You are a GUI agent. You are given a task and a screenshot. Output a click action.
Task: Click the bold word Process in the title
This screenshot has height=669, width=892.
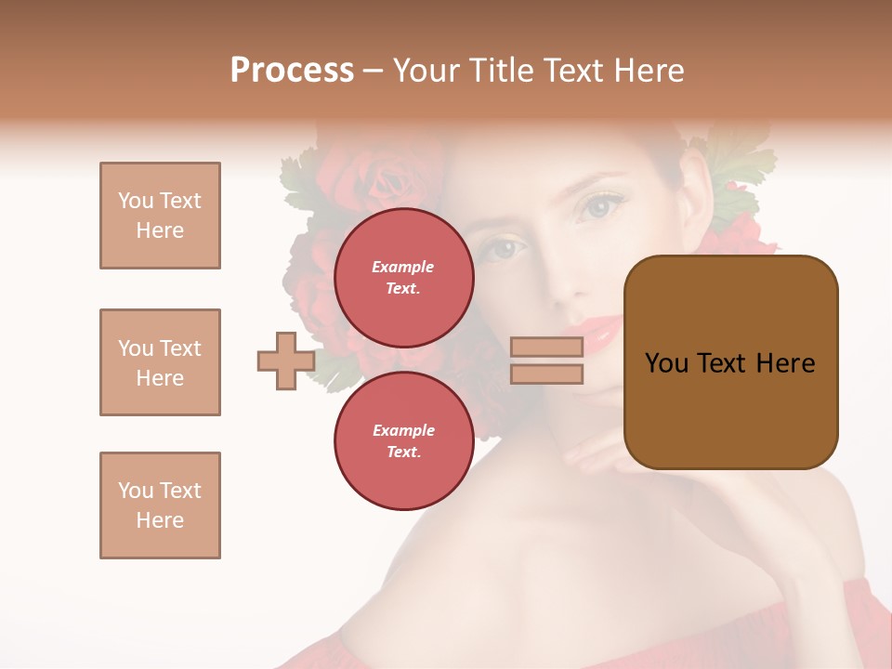pyautogui.click(x=292, y=71)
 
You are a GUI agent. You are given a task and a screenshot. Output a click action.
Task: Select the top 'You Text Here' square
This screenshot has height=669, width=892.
pyautogui.click(x=160, y=216)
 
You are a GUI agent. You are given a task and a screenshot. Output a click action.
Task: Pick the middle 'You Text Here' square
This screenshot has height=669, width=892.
pyautogui.click(x=160, y=362)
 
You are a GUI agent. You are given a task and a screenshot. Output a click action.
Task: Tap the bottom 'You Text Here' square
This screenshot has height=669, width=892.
pyautogui.click(x=160, y=505)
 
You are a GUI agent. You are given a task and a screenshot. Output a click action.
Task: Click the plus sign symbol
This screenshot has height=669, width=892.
pyautogui.click(x=285, y=361)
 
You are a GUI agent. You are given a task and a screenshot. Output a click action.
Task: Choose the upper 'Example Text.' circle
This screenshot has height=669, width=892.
pyautogui.click(x=403, y=278)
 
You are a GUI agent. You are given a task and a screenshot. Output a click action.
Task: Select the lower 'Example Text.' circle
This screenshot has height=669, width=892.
pyautogui.click(x=403, y=441)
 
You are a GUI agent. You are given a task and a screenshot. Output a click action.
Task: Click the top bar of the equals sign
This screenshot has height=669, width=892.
pyautogui.click(x=547, y=347)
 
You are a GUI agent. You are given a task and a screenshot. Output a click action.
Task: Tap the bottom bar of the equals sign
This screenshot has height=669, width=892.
pyautogui.click(x=547, y=374)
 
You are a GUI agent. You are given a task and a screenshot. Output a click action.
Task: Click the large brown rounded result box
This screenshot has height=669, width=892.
pyautogui.click(x=730, y=362)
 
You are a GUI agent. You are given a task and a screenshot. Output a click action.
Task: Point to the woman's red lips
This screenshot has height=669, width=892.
pyautogui.click(x=600, y=331)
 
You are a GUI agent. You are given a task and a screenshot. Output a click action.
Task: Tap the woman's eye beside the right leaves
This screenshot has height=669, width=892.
pyautogui.click(x=598, y=206)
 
